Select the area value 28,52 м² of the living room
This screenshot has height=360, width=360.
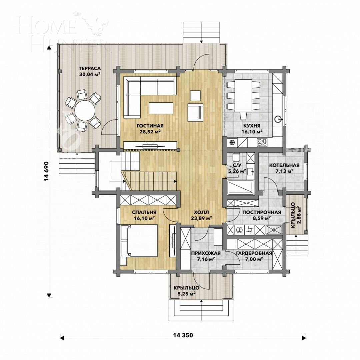150,132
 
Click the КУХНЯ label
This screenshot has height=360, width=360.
252,126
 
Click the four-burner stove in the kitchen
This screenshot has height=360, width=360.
262,143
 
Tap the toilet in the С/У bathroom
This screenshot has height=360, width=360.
236,157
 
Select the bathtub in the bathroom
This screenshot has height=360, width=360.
240,187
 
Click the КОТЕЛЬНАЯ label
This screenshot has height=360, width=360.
284,165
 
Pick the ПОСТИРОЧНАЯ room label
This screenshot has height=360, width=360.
261,212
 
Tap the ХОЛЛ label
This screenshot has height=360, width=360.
202,212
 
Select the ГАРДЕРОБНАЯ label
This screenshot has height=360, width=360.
254,253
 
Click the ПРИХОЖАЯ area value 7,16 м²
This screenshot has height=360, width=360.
203,259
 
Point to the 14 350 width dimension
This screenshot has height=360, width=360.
183,335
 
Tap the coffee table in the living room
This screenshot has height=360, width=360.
161,108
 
